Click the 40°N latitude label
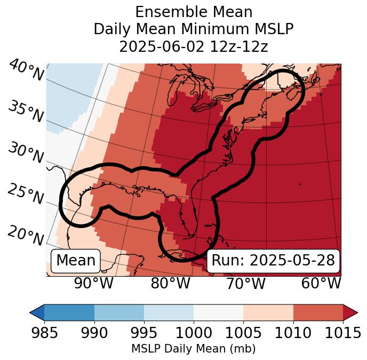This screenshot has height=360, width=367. tap(26, 71)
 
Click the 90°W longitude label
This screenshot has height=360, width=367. tap(93, 284)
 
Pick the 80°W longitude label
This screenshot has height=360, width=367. tap(170, 284)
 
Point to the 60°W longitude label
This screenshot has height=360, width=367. tap(321, 284)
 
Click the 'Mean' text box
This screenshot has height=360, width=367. tap(76, 261)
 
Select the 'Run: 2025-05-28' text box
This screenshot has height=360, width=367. tap(273, 261)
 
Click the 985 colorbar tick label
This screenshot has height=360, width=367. tap(44, 333)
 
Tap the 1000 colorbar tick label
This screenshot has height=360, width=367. tap(194, 333)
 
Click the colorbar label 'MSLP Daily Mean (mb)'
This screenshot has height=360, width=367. tap(193, 349)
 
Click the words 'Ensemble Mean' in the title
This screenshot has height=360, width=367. tap(194, 12)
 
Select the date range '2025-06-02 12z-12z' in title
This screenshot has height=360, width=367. tap(194, 46)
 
